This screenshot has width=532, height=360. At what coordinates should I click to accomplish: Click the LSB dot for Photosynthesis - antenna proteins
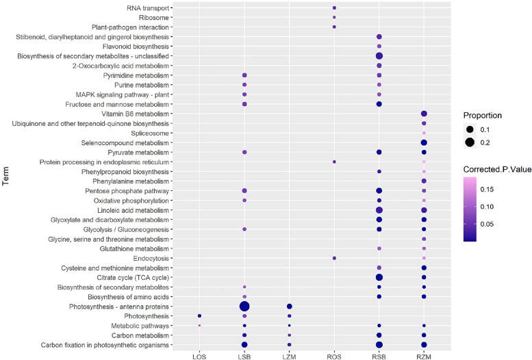coord(244,306)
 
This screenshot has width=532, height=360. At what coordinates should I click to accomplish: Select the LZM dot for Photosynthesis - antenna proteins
coord(289,306)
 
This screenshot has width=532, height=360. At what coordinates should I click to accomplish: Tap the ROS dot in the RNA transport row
coord(334,8)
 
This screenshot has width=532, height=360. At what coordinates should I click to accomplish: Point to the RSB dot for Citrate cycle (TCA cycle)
coord(379,277)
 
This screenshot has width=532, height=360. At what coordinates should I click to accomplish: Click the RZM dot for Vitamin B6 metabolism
coord(424,114)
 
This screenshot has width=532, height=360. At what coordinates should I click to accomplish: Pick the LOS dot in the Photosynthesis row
coord(199,316)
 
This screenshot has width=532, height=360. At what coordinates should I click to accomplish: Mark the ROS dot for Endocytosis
coord(334,258)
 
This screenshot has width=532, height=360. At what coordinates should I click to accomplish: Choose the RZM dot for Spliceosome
coord(424,133)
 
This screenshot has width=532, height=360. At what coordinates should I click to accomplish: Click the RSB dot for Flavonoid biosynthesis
coord(379,46)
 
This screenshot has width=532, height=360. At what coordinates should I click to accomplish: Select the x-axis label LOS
coord(199,355)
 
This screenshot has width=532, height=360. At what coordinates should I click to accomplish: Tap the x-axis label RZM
coord(424,355)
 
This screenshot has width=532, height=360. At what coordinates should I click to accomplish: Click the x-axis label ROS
coord(334,355)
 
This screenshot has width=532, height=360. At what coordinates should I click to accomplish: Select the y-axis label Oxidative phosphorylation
coord(131,200)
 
